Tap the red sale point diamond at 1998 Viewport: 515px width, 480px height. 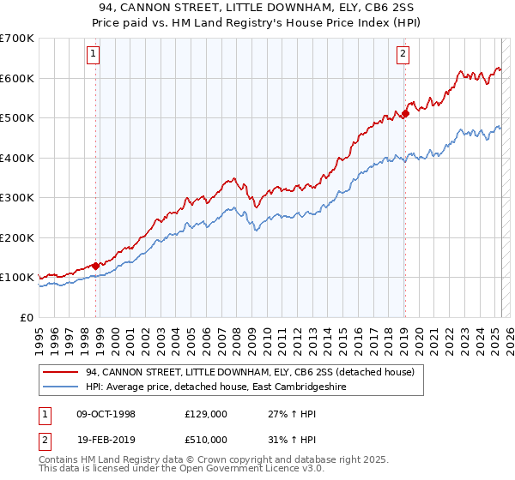95,266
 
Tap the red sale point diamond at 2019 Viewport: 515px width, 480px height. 405,114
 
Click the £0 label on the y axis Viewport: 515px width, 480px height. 27,317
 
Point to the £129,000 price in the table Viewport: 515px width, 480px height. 205,414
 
